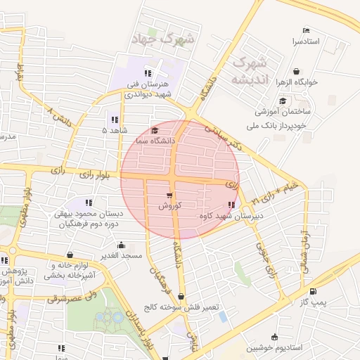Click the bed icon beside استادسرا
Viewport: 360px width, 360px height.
tap(305, 30)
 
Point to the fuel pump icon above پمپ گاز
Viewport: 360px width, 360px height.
tap(313, 291)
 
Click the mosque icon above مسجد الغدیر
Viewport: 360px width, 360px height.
tap(122, 245)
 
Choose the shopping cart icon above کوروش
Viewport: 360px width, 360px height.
tap(169, 195)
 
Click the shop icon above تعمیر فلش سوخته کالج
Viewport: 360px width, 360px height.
tap(182, 297)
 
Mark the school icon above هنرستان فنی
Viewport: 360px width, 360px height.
tap(148, 73)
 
